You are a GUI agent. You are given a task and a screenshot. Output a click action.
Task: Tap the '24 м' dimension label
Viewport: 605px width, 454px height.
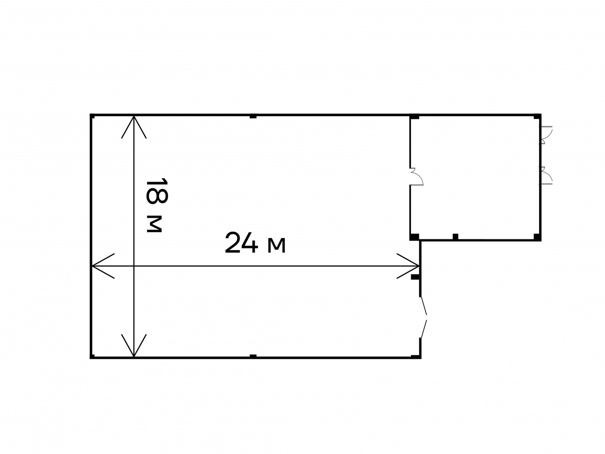coord(255,243)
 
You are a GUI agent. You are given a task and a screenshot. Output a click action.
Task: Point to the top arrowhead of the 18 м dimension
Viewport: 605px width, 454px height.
coord(134,127)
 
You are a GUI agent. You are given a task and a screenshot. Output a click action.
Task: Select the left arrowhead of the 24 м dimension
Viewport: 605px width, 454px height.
coord(103,266)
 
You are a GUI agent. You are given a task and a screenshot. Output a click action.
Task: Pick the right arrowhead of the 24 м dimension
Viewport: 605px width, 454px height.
coord(408,266)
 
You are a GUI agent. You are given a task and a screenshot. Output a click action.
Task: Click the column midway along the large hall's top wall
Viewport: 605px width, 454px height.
coord(253,117)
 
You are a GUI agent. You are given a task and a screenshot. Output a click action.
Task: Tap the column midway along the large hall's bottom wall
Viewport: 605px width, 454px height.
coord(253,356)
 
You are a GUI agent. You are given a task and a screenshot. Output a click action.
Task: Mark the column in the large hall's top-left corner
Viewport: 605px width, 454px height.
coord(92,116)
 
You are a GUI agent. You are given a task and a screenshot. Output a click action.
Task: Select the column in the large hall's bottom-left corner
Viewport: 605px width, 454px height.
coord(92,357)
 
